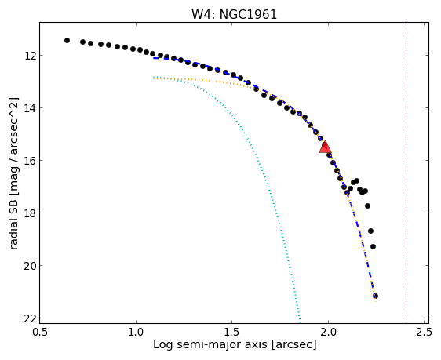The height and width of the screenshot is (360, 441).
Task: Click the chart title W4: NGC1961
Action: pyautogui.click(x=235, y=14)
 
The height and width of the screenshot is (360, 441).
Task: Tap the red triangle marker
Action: pyautogui.click(x=325, y=147)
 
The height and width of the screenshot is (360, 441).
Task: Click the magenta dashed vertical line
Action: pyautogui.click(x=406, y=170)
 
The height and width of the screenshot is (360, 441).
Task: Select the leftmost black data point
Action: pyautogui.click(x=67, y=41)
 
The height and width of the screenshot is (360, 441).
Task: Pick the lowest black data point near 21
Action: pyautogui.click(x=375, y=296)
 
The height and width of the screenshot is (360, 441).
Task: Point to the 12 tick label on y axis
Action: pyautogui.click(x=30, y=56)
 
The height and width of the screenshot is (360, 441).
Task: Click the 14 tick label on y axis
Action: pyautogui.click(x=30, y=108)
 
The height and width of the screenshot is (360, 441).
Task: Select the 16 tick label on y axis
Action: pyautogui.click(x=30, y=161)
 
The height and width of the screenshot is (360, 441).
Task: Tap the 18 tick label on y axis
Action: pyautogui.click(x=30, y=213)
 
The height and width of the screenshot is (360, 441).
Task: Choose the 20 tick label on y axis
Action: pyautogui.click(x=30, y=266)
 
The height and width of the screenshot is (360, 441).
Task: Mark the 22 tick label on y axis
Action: pyautogui.click(x=30, y=318)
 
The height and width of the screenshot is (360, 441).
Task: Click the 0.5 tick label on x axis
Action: pyautogui.click(x=40, y=333)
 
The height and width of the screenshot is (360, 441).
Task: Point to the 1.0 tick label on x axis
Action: pyautogui.click(x=136, y=333)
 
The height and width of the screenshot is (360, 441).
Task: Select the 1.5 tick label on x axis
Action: pyautogui.click(x=232, y=333)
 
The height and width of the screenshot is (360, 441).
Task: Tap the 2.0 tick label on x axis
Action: pyautogui.click(x=328, y=333)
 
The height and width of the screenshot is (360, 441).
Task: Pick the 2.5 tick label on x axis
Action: pyautogui.click(x=425, y=333)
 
